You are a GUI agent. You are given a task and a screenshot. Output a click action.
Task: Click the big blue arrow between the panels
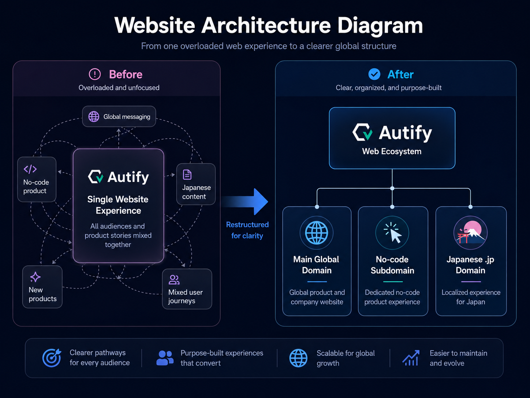tap(245, 202)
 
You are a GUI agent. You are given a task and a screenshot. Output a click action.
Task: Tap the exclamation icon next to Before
tap(95, 74)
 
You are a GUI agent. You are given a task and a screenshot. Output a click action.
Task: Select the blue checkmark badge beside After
tap(374, 74)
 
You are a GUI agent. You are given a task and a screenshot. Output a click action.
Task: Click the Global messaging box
tap(119, 117)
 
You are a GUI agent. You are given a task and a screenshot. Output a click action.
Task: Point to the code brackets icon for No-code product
tap(30, 169)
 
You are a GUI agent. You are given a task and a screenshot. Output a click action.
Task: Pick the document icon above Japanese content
tap(187, 174)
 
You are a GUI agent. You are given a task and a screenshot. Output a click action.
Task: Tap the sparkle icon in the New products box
tap(35, 277)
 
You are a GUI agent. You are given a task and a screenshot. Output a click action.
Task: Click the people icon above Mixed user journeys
tap(174, 280)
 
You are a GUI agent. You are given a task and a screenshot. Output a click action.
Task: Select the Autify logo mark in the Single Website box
tap(96, 177)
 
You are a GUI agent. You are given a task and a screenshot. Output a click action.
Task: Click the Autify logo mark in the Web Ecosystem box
tap(362, 132)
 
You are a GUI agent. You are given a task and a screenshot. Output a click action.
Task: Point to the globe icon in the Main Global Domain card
tap(317, 233)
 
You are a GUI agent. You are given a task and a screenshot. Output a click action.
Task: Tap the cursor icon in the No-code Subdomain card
tap(392, 232)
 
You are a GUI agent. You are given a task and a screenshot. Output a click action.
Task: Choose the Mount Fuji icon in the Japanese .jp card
tap(471, 232)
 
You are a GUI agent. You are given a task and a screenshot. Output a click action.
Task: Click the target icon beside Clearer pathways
tap(52, 358)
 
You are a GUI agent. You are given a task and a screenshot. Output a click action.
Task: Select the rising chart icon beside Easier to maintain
tap(411, 358)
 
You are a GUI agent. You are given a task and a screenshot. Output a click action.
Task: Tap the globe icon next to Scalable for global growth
tap(298, 358)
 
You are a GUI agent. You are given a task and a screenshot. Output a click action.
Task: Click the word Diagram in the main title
tap(380, 26)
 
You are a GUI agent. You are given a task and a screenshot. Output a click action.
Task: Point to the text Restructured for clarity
tap(247, 230)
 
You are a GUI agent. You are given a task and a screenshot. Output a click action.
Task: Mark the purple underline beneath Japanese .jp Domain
tap(471, 281)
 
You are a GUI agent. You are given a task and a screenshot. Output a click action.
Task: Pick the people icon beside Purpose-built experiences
tap(165, 358)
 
